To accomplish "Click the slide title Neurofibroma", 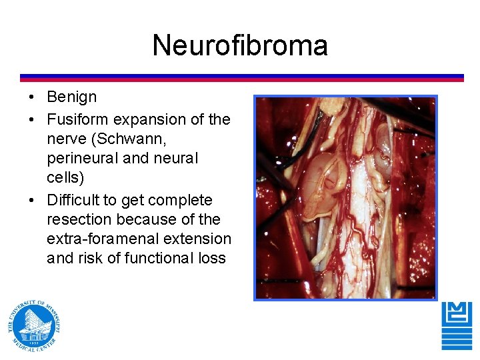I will pos(240,46).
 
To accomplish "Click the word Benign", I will pos(71,97).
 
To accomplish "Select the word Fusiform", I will pos(78,120).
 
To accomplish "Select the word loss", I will pos(213,258).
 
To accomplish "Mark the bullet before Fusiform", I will pos(31,121).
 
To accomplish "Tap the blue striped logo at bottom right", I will pos(457,325).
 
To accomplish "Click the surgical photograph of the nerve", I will pos(345,197).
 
